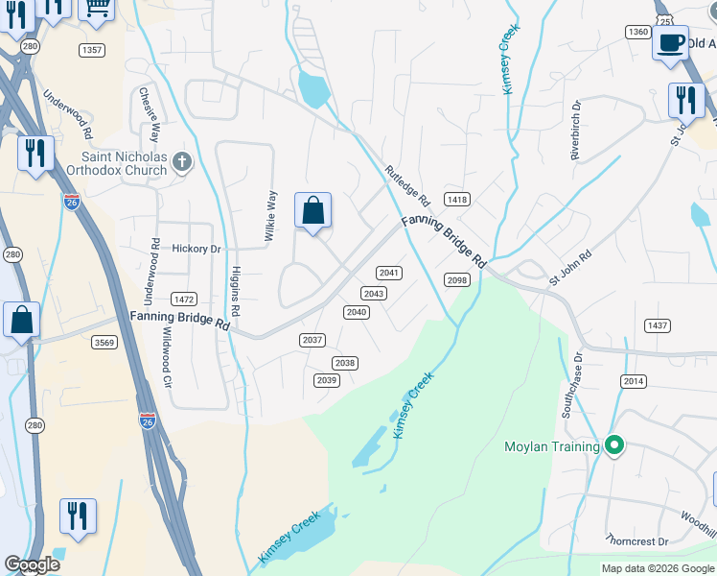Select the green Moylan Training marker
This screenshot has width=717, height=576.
tap(614, 445)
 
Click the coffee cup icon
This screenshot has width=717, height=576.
tap(670, 42)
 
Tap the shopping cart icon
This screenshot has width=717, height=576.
tap(96, 8)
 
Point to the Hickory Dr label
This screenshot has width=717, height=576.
tap(197, 249)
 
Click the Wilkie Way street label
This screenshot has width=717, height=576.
tap(271, 212)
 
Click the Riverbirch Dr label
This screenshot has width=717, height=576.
tap(576, 131)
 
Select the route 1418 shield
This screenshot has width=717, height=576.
tap(457, 200)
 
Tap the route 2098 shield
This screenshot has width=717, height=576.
tap(457, 279)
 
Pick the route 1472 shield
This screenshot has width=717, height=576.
tap(183, 300)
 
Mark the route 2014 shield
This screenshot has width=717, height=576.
tap(634, 381)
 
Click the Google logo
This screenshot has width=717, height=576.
tap(33, 565)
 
